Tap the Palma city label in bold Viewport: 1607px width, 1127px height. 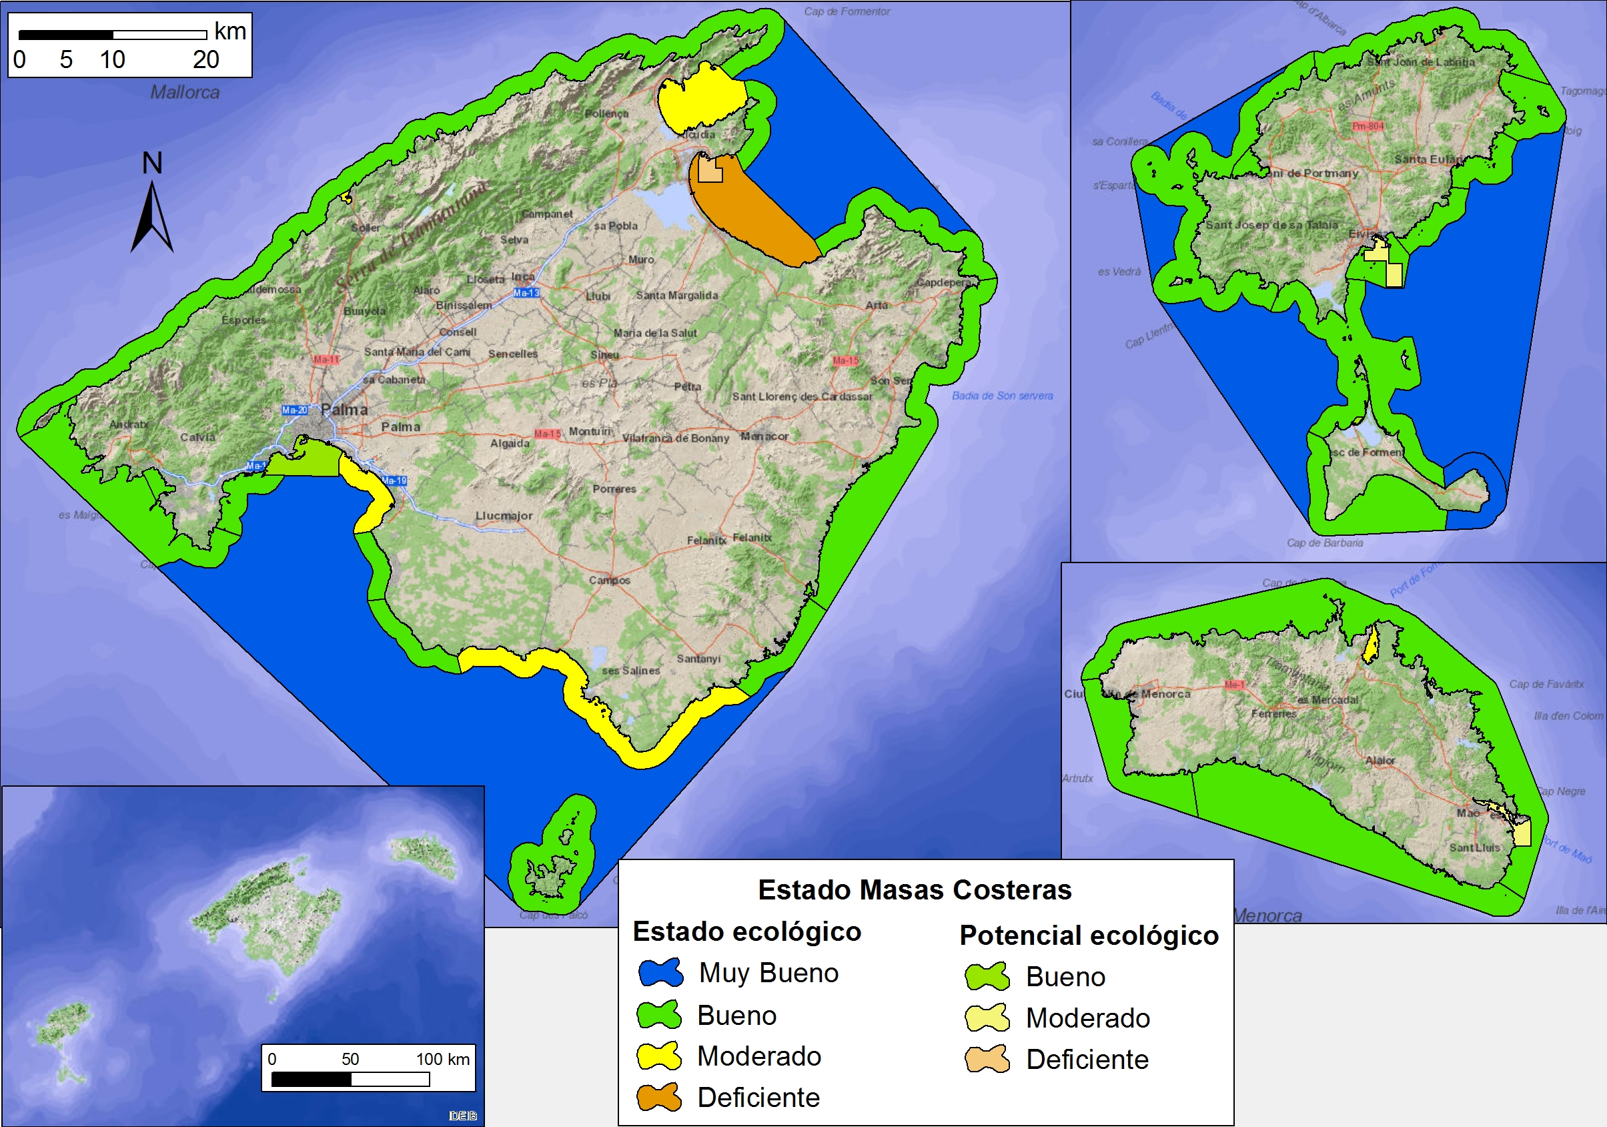[344, 410]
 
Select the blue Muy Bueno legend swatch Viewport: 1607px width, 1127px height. [660, 973]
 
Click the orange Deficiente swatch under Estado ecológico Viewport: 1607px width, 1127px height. [658, 1097]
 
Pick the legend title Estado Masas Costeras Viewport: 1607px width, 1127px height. [914, 889]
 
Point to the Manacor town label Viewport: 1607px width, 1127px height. [764, 436]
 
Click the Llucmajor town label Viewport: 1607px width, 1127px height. [504, 516]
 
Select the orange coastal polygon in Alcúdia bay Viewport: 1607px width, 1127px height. [752, 210]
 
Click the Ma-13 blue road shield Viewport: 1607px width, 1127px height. [526, 293]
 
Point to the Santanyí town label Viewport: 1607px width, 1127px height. [698, 659]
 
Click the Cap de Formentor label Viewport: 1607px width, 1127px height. [847, 11]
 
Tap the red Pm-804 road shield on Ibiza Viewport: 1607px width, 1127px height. [1368, 126]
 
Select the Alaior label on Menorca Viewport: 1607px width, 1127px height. [1380, 760]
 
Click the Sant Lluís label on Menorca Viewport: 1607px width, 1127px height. [1474, 847]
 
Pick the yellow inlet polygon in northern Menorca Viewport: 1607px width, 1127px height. [1370, 646]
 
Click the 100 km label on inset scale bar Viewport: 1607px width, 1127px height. [442, 1059]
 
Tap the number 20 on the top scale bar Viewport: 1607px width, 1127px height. [205, 60]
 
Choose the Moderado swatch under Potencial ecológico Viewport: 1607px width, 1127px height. [987, 1018]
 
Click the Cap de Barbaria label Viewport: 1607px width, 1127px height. [1324, 543]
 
